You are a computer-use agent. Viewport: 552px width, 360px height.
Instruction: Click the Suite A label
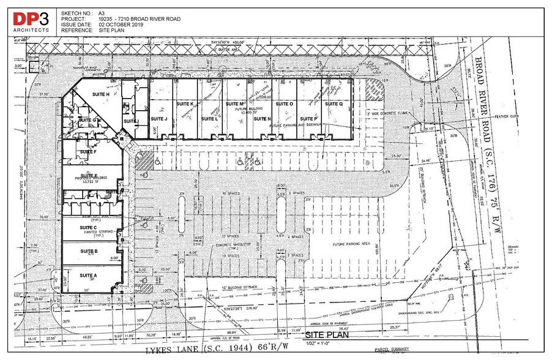[x=89, y=276]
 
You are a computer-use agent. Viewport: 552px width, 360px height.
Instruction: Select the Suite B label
[x=89, y=251]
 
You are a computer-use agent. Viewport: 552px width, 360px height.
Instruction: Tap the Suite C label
[x=89, y=228]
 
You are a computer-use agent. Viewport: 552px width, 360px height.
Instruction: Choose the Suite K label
[x=184, y=104]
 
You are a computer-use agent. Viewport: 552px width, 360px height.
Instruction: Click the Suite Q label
[x=334, y=104]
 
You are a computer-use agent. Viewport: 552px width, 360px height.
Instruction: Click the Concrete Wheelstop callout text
[x=222, y=246]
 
